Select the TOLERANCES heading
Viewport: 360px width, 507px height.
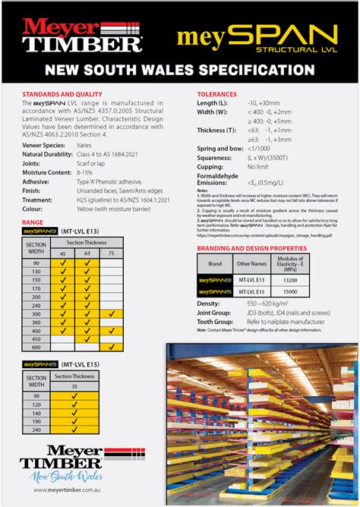221,94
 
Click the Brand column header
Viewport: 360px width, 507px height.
214,264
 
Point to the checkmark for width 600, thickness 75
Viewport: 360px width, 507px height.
112,347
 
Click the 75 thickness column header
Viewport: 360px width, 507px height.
112,253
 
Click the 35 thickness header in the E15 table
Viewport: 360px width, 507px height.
74,386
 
